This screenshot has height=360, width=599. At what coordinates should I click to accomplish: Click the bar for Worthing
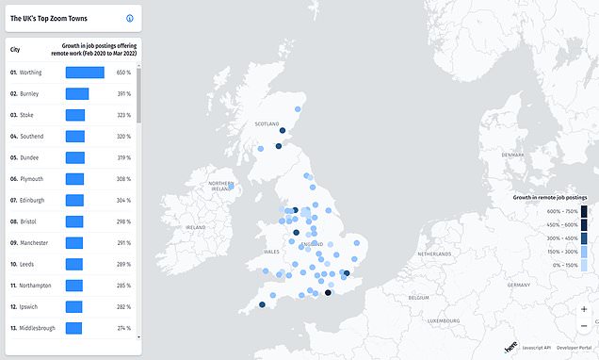[85, 72]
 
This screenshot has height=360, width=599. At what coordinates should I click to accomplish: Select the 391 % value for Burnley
[123, 93]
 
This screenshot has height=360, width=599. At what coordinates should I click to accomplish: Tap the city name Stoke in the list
[27, 115]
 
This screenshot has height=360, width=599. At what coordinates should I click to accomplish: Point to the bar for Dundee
[75, 157]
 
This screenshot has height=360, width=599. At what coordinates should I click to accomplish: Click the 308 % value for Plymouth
[123, 178]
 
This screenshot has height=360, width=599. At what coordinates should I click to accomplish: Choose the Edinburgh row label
[33, 200]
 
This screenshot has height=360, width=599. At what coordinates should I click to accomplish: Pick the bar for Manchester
[74, 242]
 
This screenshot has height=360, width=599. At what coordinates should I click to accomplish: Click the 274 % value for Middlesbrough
[123, 327]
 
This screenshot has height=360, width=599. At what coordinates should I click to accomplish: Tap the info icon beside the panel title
[130, 18]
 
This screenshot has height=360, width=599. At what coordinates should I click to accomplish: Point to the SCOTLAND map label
[268, 123]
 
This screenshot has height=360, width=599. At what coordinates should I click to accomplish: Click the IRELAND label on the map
[197, 227]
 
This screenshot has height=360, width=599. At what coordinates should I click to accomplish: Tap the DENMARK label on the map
[512, 155]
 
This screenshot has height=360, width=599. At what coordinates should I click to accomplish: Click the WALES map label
[272, 253]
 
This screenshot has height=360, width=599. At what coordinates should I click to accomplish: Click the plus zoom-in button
[584, 309]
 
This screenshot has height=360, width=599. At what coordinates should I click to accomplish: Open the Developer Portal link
[576, 348]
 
